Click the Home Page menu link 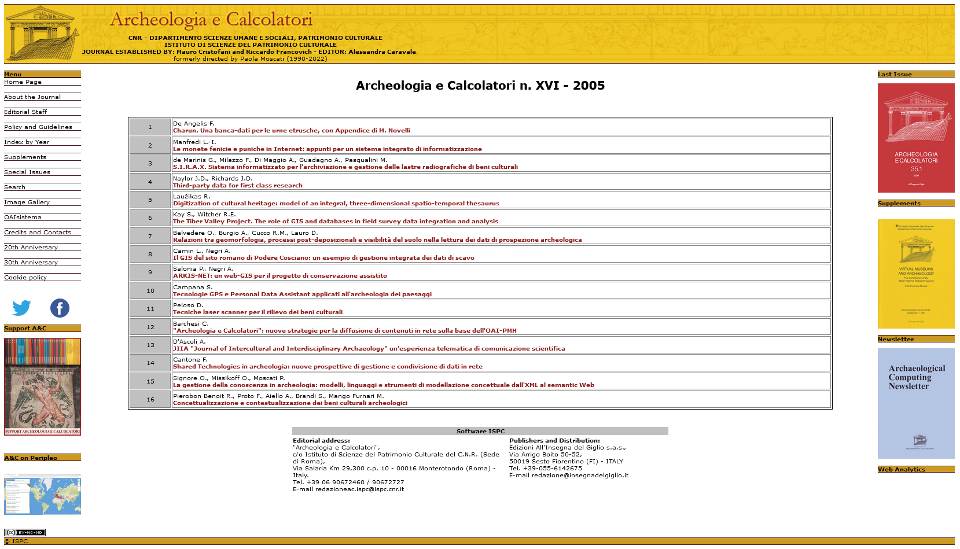point(23,82)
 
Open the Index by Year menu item point(27,142)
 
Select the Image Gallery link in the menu point(27,202)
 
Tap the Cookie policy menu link point(25,278)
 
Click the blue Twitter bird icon point(22,308)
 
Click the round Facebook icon point(60,308)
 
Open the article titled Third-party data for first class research point(237,186)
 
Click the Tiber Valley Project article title point(335,222)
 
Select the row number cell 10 point(150,290)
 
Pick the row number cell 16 point(150,399)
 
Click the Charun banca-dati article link point(291,131)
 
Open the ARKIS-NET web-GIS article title point(279,276)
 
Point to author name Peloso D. point(188,305)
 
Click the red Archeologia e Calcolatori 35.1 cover point(915,138)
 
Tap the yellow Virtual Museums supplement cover point(915,274)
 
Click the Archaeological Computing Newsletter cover point(915,403)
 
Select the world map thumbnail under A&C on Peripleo point(42,495)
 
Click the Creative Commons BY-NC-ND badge point(25,532)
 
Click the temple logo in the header point(42,34)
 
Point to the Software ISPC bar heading point(480,432)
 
